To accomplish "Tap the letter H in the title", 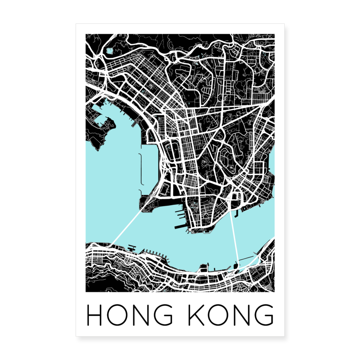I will (x=94, y=315).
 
